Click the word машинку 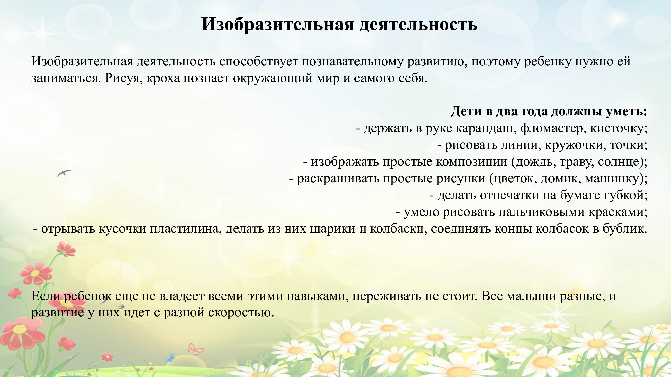[613, 178]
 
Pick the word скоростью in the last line [241, 312]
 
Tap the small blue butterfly [171, 358]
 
